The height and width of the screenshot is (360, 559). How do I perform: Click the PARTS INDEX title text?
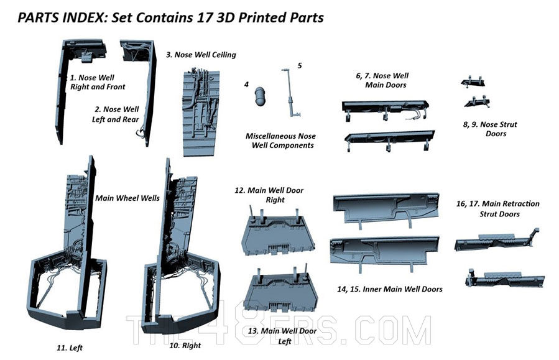tap(170, 17)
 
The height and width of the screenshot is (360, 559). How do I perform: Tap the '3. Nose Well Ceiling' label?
tap(201, 55)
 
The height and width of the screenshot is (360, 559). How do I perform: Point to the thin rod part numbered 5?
tap(290, 93)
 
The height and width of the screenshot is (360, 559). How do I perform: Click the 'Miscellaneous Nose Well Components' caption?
tap(280, 141)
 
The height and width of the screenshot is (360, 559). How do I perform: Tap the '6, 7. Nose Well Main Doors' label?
tap(382, 80)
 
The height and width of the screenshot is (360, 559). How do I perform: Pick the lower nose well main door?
tap(389, 139)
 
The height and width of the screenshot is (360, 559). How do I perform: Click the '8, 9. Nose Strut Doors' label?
tap(490, 129)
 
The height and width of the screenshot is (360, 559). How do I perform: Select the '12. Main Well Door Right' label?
tap(269, 195)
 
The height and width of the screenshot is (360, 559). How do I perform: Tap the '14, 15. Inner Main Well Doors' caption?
tap(390, 289)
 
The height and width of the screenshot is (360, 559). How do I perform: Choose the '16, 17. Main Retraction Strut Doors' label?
tap(497, 208)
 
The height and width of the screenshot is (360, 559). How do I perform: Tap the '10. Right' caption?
tap(185, 345)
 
